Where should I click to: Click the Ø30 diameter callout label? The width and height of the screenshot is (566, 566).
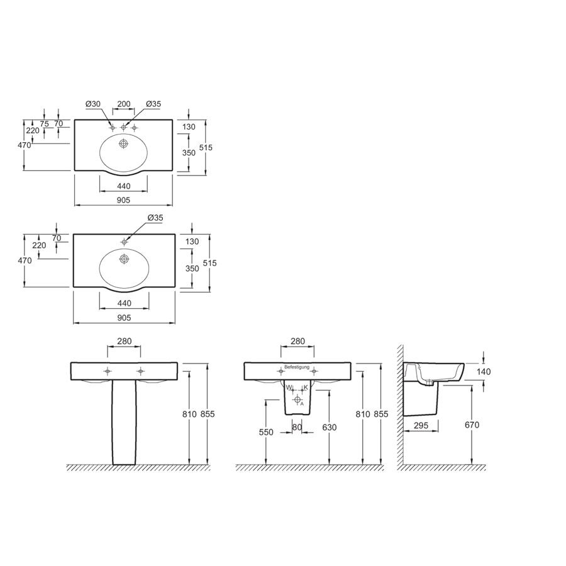(93, 104)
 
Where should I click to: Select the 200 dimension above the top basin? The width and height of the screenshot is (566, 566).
(124, 104)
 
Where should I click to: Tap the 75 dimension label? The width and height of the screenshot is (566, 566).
(44, 124)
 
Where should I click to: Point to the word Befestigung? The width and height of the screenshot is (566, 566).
(297, 367)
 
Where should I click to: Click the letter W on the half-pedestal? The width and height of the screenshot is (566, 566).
(289, 387)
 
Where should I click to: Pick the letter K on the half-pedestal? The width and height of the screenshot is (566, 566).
(306, 387)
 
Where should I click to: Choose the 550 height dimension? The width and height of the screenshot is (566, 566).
(266, 432)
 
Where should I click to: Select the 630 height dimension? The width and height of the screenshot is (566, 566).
(329, 428)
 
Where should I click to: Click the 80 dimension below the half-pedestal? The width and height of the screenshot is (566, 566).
(297, 428)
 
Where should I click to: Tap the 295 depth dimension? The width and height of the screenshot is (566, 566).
(421, 426)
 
